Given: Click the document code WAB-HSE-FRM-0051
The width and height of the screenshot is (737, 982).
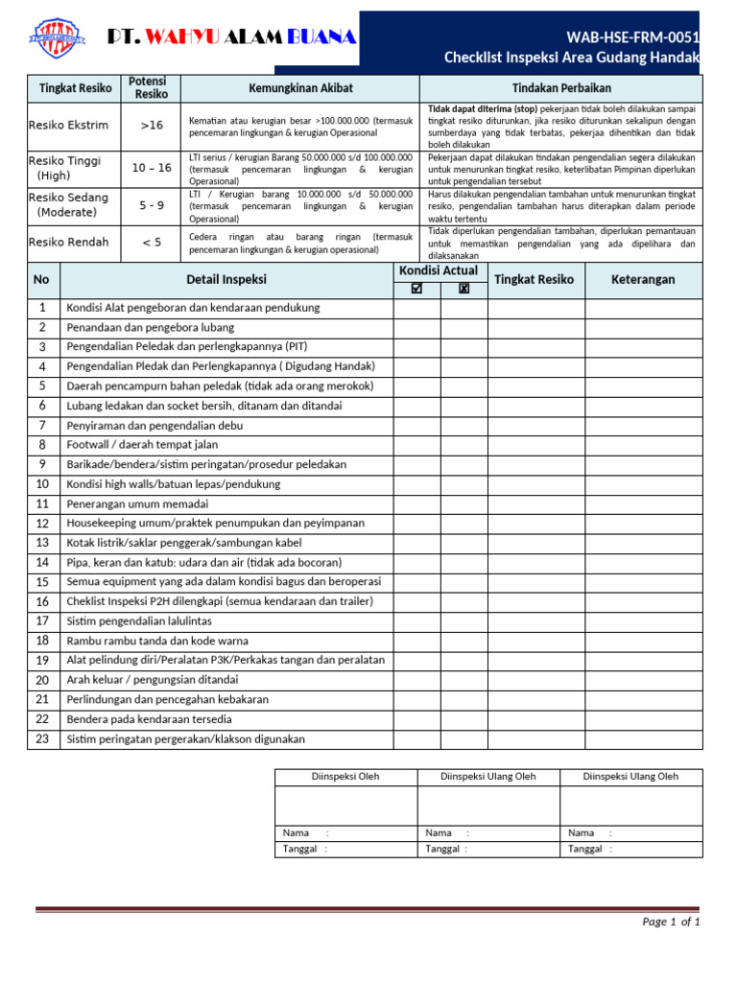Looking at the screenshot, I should pyautogui.click(x=632, y=37).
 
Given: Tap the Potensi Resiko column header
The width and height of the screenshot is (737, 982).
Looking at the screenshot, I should pyautogui.click(x=151, y=88).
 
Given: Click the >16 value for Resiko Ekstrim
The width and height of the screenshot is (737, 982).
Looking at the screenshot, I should pyautogui.click(x=151, y=125).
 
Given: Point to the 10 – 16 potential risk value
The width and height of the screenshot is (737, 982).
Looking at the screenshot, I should pyautogui.click(x=151, y=168).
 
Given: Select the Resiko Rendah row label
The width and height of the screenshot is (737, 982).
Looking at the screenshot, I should pyautogui.click(x=69, y=243).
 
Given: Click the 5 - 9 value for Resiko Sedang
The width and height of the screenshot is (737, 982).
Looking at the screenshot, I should pyautogui.click(x=151, y=204).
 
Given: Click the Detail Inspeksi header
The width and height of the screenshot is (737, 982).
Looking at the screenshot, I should pyautogui.click(x=226, y=279).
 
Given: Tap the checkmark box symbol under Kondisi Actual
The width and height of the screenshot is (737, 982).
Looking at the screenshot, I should pyautogui.click(x=416, y=289).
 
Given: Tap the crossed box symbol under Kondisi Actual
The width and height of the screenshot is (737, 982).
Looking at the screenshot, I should pyautogui.click(x=464, y=289).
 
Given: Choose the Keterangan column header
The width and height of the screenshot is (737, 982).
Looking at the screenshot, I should pyautogui.click(x=643, y=279).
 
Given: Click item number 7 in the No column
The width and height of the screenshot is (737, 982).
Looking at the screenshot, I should pyautogui.click(x=42, y=425).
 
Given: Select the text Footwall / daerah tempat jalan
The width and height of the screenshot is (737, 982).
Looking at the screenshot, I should pyautogui.click(x=142, y=445).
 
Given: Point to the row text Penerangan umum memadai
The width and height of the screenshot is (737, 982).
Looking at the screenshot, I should pyautogui.click(x=137, y=503).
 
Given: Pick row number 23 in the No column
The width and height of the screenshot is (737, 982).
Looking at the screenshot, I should pyautogui.click(x=42, y=738).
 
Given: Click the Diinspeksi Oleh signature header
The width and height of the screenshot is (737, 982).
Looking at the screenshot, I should pyautogui.click(x=345, y=777).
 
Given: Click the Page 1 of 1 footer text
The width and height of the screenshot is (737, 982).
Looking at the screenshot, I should pyautogui.click(x=671, y=922).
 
